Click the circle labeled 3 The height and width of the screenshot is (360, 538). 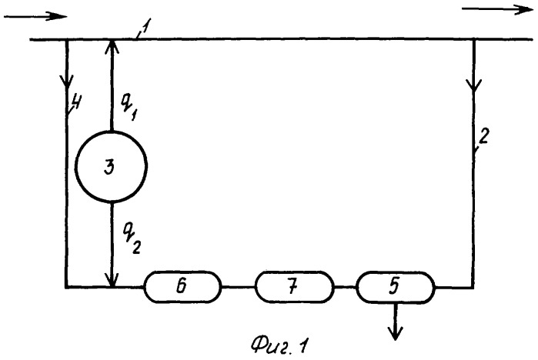(112, 165)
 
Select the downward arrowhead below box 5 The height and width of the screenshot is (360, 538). (396, 332)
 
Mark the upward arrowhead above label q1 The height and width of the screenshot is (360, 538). (112, 48)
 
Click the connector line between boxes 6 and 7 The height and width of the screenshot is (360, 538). (239, 288)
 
